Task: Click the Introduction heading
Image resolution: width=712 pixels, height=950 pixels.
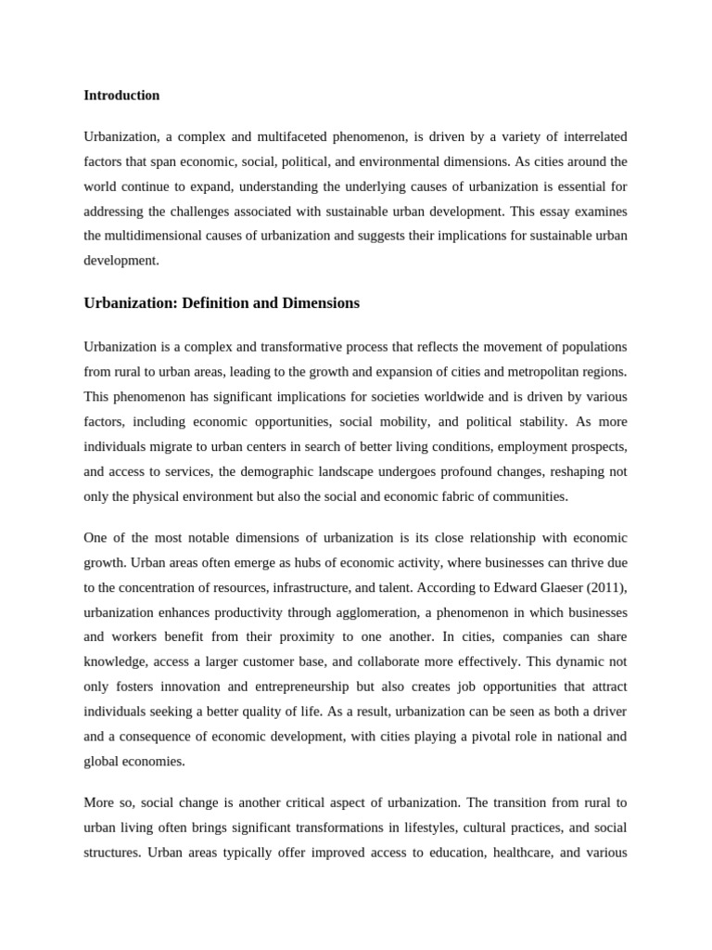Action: click(121, 96)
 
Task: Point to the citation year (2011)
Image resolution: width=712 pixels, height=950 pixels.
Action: click(609, 587)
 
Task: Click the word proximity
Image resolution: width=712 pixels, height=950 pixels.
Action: click(344, 637)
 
